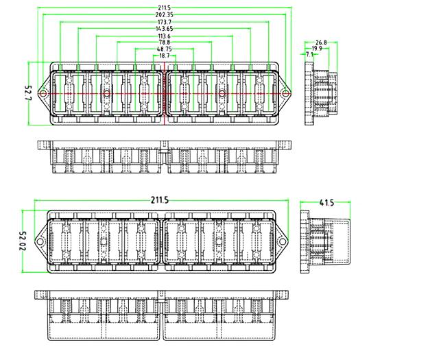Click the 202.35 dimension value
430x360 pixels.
[165, 15]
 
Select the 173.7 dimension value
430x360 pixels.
[165, 22]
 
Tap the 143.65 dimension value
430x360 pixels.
[165, 29]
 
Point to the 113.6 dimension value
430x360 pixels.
[165, 36]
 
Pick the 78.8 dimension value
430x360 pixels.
[165, 43]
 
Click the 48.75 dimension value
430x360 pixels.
[165, 49]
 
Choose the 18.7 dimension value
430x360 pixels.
[165, 56]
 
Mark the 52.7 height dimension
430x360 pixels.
[28, 93]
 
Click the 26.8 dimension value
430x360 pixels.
[321, 43]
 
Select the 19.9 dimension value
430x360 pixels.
[317, 49]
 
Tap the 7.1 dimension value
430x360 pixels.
[309, 54]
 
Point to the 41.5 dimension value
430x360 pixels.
[326, 203]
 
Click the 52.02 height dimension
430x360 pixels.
[23, 241]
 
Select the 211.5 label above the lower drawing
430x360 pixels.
[160, 200]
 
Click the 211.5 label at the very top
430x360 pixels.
[165, 8]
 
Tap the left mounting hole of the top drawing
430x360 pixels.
[43, 93]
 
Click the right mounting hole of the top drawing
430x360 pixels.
[285, 93]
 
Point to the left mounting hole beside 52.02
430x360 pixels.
[40, 241]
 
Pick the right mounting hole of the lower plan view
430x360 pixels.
[282, 241]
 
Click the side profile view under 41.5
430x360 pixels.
[325, 241]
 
